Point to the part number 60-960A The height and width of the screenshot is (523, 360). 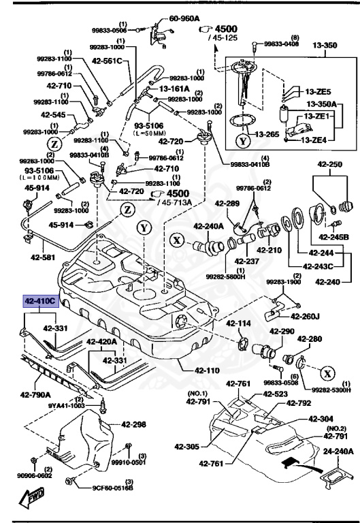pos(184,18)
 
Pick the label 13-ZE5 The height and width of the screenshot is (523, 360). pos(318,91)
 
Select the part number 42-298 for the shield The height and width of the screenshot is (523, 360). pos(134,425)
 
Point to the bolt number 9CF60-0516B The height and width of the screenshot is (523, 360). pos(113,488)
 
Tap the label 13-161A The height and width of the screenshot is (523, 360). pos(176,88)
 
